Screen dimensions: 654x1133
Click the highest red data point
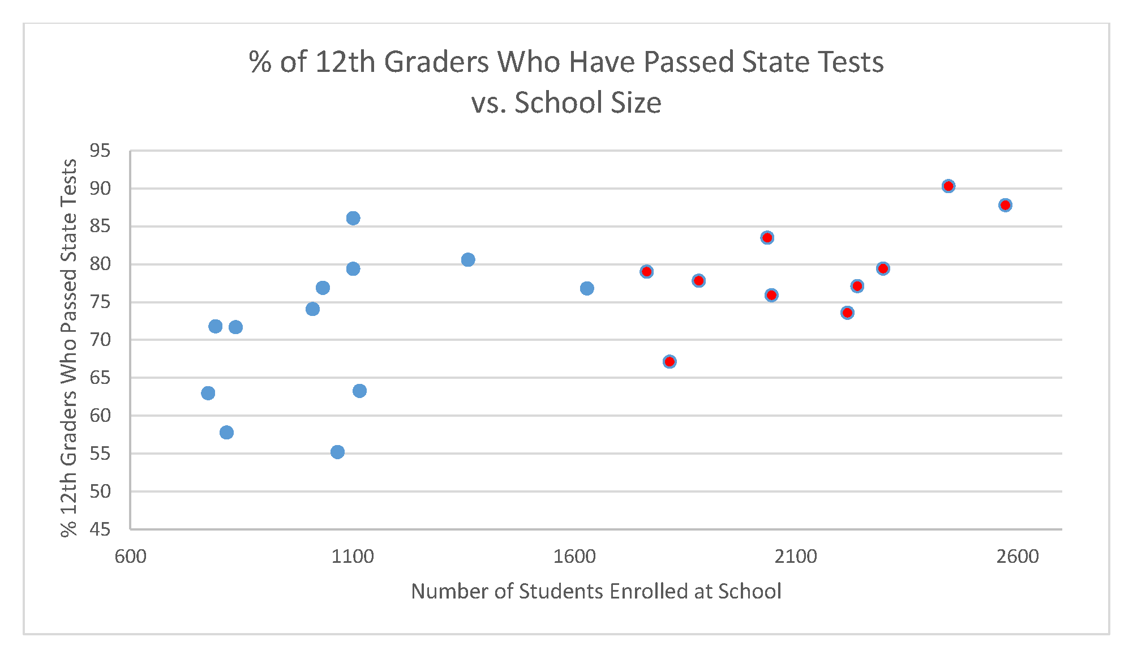[x=949, y=186]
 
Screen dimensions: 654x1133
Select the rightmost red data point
[x=1005, y=205]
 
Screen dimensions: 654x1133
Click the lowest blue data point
[x=337, y=452]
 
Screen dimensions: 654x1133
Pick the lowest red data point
[x=669, y=361]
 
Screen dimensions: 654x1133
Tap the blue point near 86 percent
[x=353, y=218]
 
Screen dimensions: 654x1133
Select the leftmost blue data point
[x=208, y=393]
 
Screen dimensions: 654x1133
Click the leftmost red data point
[x=646, y=272]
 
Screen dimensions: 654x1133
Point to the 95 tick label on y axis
[x=100, y=151]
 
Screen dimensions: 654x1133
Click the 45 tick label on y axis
[x=100, y=529]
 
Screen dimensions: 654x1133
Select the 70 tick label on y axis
[x=100, y=340]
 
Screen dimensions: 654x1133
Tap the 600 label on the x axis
[x=130, y=557]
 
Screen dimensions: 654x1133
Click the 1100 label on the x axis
[x=353, y=557]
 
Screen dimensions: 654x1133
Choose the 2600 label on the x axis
[x=1018, y=557]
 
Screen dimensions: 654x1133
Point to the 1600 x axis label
[x=574, y=557]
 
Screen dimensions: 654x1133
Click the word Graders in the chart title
[x=436, y=62]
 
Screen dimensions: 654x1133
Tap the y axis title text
[x=69, y=348]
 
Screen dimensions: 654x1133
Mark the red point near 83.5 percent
[x=767, y=238]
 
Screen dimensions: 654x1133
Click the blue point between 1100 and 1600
[x=468, y=260]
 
